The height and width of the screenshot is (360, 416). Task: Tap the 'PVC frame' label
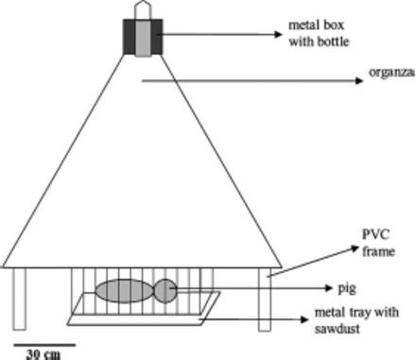[x=377, y=242]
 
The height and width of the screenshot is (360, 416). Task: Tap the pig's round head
[x=165, y=289]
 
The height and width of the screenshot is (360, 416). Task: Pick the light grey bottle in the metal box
[x=142, y=37]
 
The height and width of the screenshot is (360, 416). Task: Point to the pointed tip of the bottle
[x=142, y=6]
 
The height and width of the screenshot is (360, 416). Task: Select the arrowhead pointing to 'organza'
[x=359, y=81]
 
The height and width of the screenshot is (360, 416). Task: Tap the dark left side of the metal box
[x=128, y=37]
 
